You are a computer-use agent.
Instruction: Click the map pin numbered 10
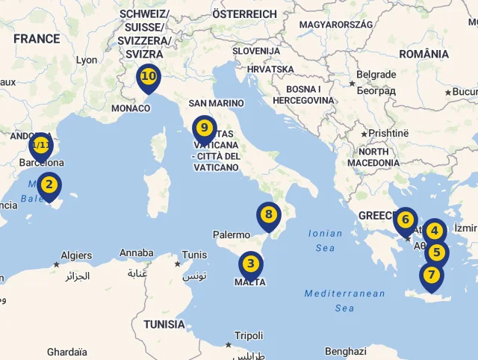[148, 77]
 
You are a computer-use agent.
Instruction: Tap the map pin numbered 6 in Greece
[405, 220]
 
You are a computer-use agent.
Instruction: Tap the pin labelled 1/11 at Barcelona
[40, 146]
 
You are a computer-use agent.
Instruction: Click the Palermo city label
[231, 235]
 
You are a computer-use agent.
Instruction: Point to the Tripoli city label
[249, 336]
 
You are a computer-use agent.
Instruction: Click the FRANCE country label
[37, 39]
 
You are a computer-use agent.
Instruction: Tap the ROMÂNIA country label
[423, 54]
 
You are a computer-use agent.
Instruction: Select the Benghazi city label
[346, 351]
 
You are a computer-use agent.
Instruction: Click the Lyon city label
[87, 60]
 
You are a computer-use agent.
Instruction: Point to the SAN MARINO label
[216, 103]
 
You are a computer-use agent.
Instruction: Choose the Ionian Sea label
[325, 240]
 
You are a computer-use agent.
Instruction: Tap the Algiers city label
[76, 255]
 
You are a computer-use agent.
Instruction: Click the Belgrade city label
[376, 75]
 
